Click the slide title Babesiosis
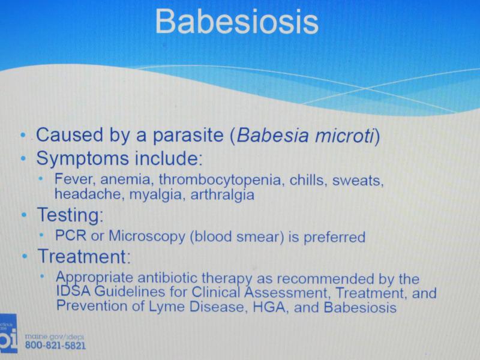point(237,22)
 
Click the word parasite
point(188,136)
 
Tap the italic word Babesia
point(272,136)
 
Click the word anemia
point(125,179)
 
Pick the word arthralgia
point(222,195)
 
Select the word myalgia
point(156,195)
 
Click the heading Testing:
point(70,215)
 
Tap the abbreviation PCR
point(70,236)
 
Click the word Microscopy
point(147,236)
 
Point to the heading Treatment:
point(84,256)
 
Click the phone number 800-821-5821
point(55,346)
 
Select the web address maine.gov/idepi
point(54,337)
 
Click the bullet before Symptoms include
point(23,158)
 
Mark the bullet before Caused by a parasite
point(23,134)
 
